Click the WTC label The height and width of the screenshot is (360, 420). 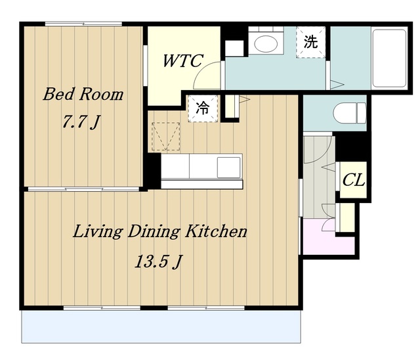183,60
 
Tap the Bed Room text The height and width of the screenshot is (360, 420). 83,94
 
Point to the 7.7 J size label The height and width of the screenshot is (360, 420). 81,122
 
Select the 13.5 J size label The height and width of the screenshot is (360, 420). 159,261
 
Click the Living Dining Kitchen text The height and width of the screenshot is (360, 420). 160,232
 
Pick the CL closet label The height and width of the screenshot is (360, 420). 354,179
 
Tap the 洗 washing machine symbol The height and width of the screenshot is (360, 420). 310,42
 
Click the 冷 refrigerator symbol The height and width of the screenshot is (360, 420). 203,108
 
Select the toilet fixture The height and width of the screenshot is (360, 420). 350,113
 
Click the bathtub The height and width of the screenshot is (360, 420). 389,58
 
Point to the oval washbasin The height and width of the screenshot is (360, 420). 266,44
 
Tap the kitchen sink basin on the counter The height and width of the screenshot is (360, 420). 228,168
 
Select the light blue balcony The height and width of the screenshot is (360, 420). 161,326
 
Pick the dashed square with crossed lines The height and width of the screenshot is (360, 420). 166,137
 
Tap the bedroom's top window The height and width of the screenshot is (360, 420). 83,24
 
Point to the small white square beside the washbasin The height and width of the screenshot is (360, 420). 234,48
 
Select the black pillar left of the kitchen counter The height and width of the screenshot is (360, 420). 154,171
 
